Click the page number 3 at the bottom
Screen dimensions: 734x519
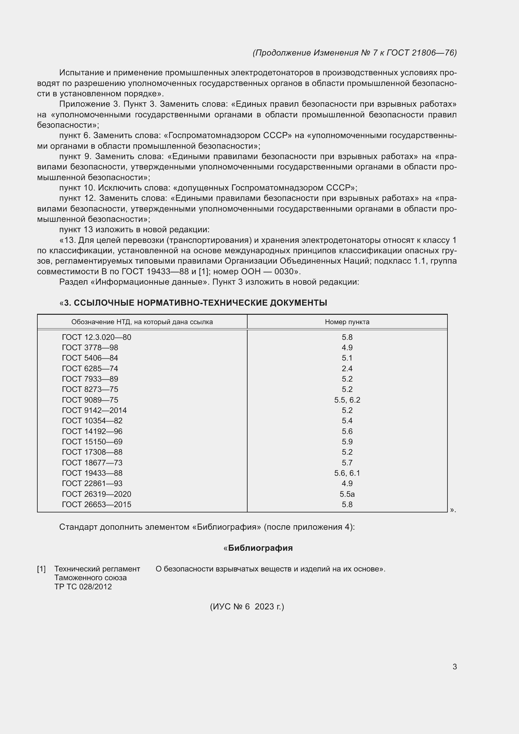coord(454,667)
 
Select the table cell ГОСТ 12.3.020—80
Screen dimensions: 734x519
coord(97,337)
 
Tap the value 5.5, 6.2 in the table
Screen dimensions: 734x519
coord(347,400)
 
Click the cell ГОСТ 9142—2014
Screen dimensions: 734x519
coord(94,410)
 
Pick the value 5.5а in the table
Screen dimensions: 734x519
coord(347,494)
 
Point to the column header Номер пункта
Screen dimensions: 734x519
coord(347,322)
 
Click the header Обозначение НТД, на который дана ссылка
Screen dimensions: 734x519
coord(142,322)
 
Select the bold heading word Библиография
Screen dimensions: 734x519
coord(260,548)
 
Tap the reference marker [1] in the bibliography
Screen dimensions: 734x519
coord(41,569)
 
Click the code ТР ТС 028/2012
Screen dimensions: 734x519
coord(83,587)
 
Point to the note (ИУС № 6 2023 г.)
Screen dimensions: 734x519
coord(247,607)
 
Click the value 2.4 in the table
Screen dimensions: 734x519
coord(347,369)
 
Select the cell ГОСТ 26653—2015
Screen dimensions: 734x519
coord(97,505)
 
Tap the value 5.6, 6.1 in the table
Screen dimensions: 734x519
coord(347,473)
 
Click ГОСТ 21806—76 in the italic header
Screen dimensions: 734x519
coord(421,53)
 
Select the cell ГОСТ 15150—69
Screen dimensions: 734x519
coord(92,442)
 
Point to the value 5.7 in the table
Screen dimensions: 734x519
coord(347,463)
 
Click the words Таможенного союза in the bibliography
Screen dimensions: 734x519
coord(90,578)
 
